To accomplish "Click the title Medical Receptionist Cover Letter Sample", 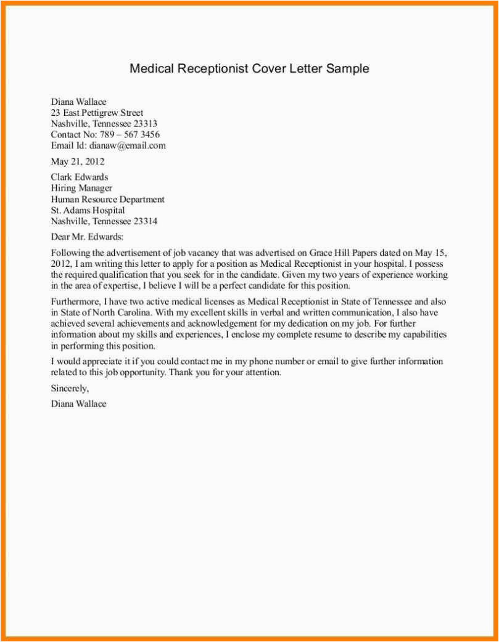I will click(249, 68).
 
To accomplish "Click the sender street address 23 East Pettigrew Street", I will click(97, 113).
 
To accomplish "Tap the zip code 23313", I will click(146, 124).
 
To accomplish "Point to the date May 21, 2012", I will click(78, 162).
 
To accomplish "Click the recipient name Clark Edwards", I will click(80, 177).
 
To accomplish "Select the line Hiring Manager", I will click(81, 189).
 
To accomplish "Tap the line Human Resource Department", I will click(107, 200).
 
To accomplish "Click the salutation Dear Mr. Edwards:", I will click(87, 237).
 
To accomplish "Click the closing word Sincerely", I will click(70, 389).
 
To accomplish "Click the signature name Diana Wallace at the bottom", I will click(78, 404).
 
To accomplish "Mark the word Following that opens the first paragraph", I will click(70, 253).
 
